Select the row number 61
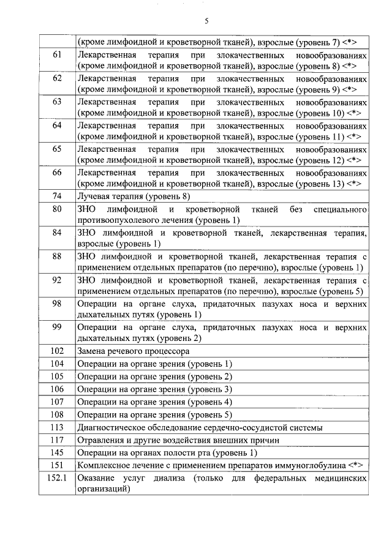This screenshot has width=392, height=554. (x=57, y=55)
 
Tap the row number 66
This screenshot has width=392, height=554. (x=57, y=173)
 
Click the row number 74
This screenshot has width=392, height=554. (x=57, y=196)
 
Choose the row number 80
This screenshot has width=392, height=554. (x=57, y=209)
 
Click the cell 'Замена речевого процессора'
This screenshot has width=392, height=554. (x=133, y=351)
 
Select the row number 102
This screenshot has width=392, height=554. (x=57, y=351)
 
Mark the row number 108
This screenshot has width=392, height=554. (x=57, y=414)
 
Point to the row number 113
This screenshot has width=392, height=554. (x=57, y=427)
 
